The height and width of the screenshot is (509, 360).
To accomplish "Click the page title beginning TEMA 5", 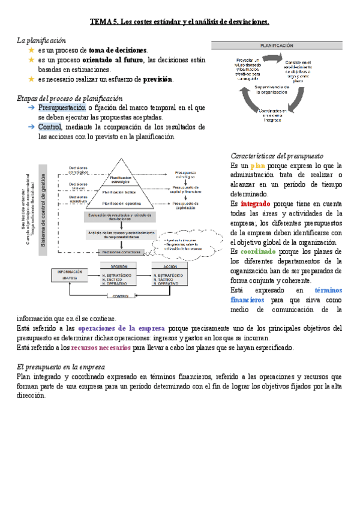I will coord(179,22).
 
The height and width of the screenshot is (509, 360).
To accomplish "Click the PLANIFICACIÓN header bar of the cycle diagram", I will coord(276,45).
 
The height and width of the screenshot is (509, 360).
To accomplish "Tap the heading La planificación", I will coord(41,40).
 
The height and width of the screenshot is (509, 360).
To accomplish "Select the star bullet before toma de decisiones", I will coord(31,50).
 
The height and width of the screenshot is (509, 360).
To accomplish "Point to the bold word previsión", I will coord(157,79).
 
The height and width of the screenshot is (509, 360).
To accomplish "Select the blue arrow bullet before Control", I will coord(31,127).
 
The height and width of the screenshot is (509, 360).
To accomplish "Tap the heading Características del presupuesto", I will coord(277,155).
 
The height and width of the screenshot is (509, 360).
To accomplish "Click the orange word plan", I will coord(257,165).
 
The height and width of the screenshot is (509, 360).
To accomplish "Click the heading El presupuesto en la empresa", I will coord(61,367).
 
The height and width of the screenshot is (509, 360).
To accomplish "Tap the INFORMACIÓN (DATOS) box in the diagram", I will coord(73,275).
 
